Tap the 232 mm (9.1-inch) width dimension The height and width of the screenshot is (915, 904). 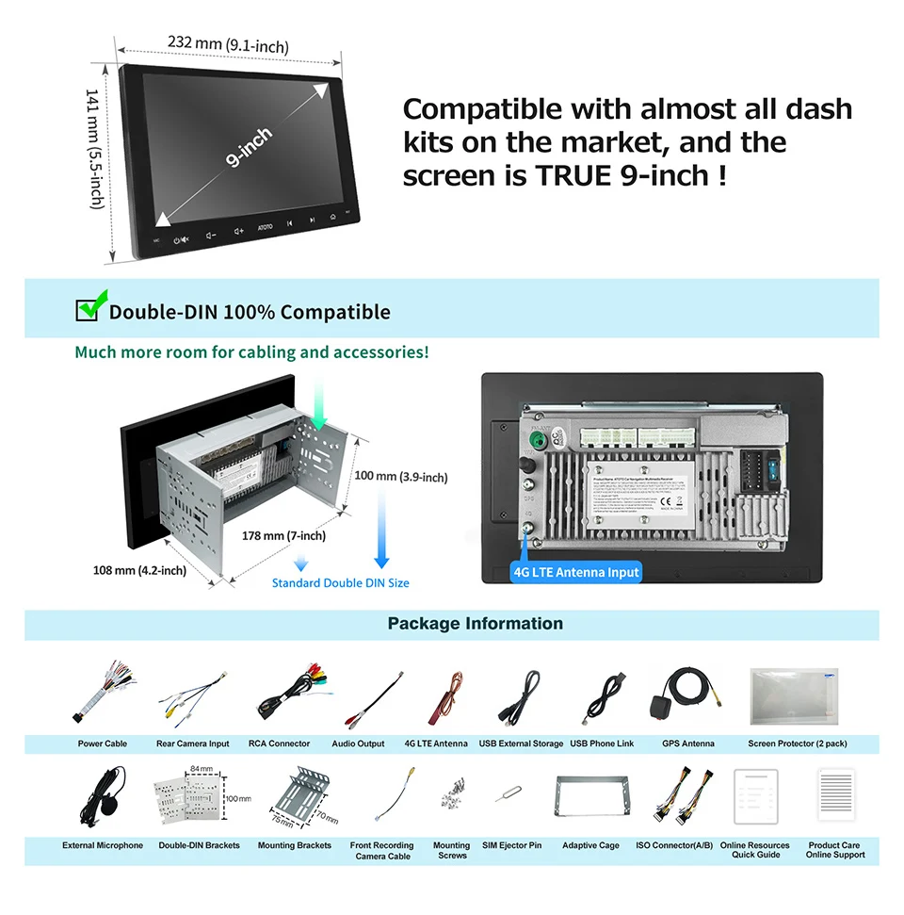(228, 44)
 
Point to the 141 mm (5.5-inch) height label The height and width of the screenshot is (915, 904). (94, 149)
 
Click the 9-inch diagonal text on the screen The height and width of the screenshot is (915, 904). (249, 148)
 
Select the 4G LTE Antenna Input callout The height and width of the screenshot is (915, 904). (576, 572)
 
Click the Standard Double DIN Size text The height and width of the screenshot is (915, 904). (340, 583)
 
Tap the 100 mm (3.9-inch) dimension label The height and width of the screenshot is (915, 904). (400, 477)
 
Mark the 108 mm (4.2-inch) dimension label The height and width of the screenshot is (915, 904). (139, 570)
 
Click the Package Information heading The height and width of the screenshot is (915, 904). (475, 624)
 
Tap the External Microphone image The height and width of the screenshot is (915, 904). (102, 793)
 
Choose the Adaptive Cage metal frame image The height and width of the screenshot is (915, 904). (590, 797)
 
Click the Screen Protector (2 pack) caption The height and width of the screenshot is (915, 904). (797, 744)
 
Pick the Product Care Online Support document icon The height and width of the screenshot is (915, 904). (835, 795)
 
